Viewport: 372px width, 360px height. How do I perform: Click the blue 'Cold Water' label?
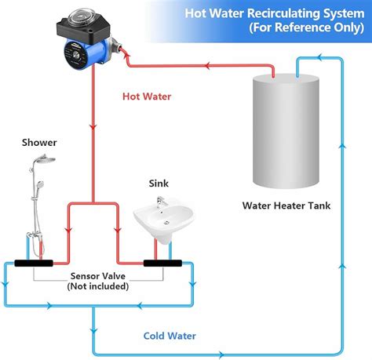pos(170,336)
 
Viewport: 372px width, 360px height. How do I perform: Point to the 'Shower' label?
pos(39,143)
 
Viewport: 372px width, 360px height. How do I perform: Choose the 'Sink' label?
pos(159,184)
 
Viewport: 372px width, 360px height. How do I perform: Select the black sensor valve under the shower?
pos(29,264)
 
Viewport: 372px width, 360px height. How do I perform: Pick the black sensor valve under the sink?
pos(163,264)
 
